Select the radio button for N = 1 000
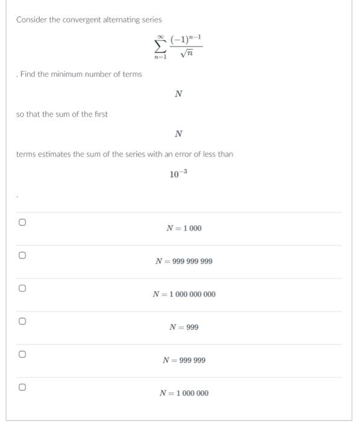(x=21, y=222)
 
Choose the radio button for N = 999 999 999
(x=21, y=255)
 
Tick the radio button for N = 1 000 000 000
(x=21, y=288)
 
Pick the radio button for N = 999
(x=21, y=321)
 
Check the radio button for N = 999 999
(x=21, y=354)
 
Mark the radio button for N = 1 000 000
(x=21, y=387)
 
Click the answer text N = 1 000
(x=184, y=228)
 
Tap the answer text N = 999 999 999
(x=184, y=262)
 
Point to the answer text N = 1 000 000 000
(x=184, y=294)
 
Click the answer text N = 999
(x=184, y=328)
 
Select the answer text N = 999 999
(x=184, y=360)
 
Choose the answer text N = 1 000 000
(x=184, y=393)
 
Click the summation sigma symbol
(x=160, y=47)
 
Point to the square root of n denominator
(x=186, y=55)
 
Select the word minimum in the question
(x=69, y=74)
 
